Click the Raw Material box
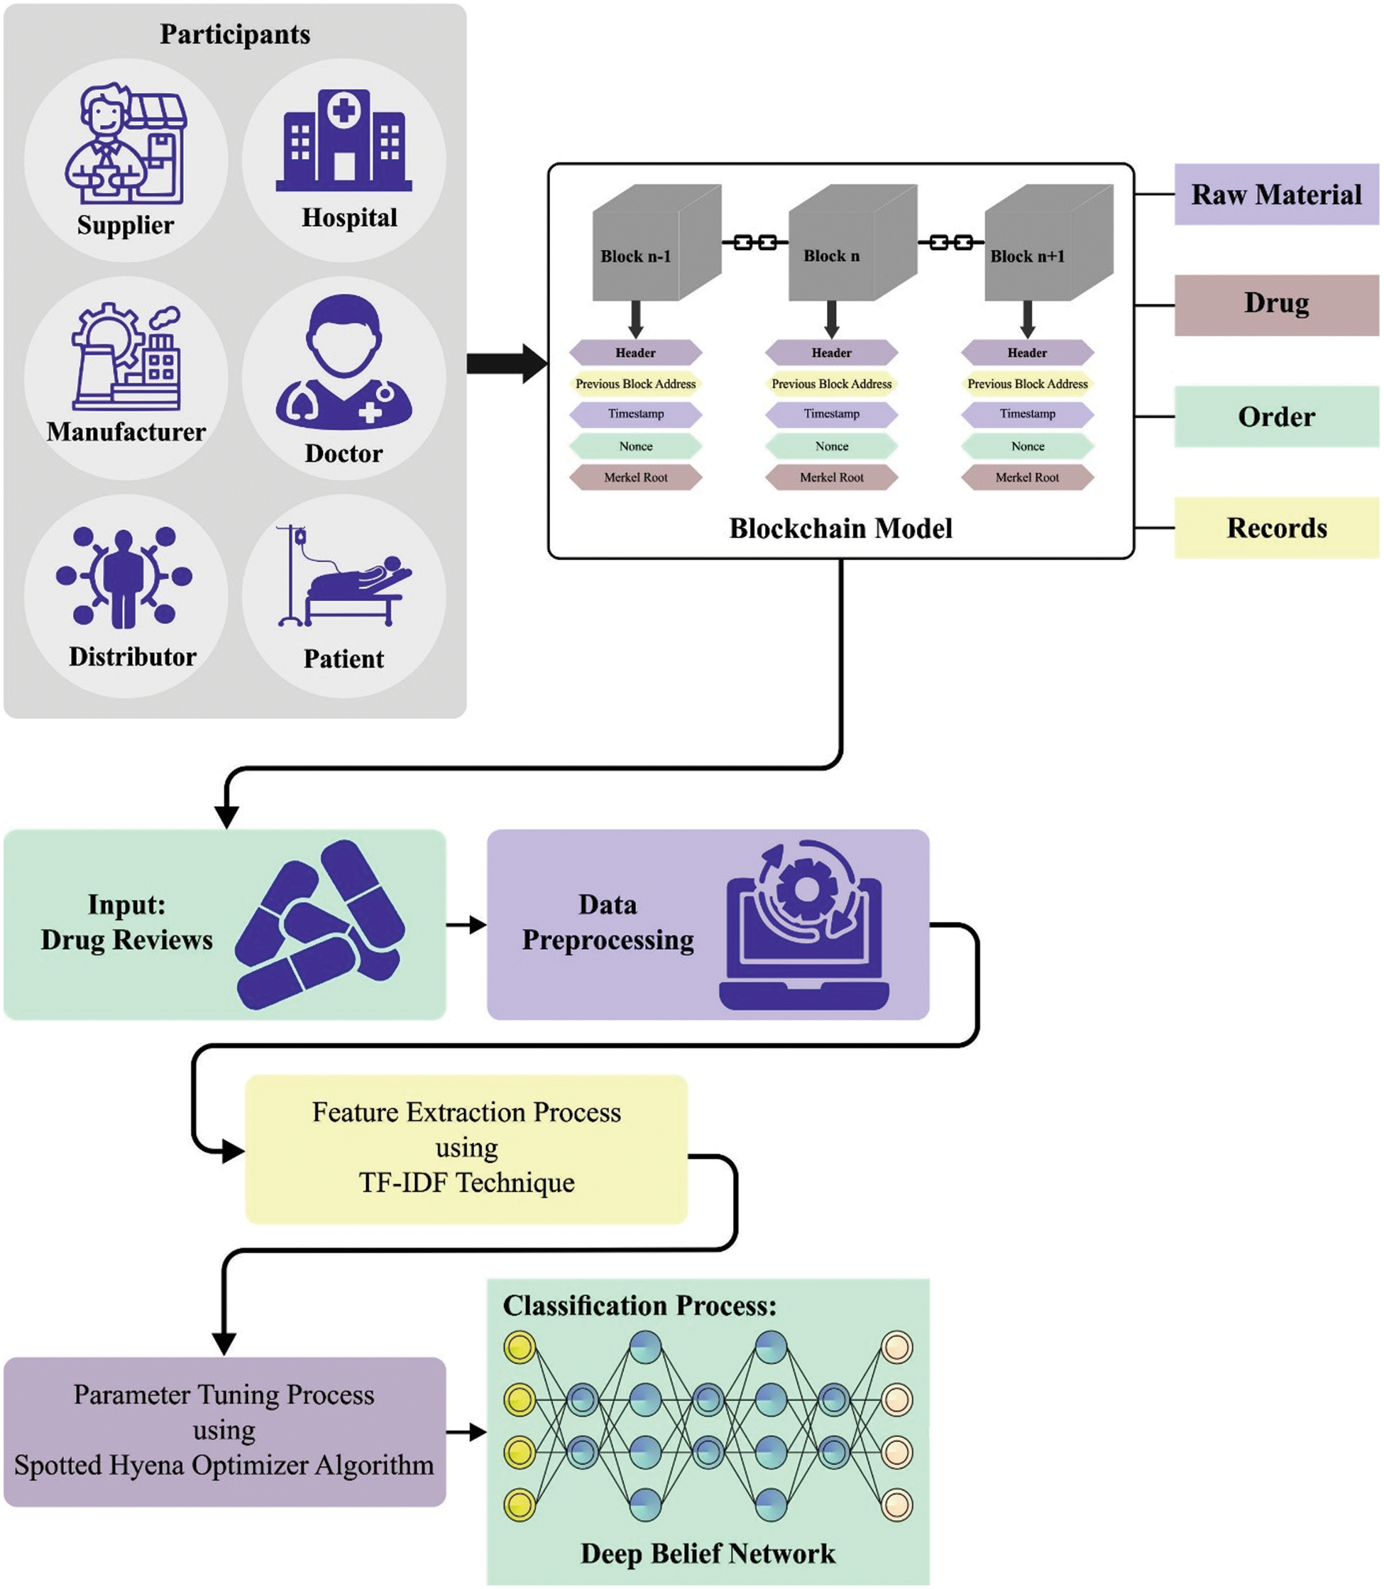click(1276, 194)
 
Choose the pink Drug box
click(1276, 305)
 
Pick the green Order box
click(1276, 417)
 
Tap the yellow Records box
click(1276, 528)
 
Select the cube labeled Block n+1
click(1048, 243)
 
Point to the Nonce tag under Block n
click(831, 446)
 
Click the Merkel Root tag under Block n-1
click(636, 477)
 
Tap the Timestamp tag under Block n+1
click(1027, 414)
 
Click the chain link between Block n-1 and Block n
click(754, 243)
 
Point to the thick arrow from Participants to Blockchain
click(507, 363)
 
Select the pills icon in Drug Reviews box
click(320, 924)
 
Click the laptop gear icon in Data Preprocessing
click(805, 924)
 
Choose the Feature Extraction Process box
click(466, 1148)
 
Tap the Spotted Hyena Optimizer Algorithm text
click(224, 1466)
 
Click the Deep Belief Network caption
click(708, 1554)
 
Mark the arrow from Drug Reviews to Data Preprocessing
click(466, 925)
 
